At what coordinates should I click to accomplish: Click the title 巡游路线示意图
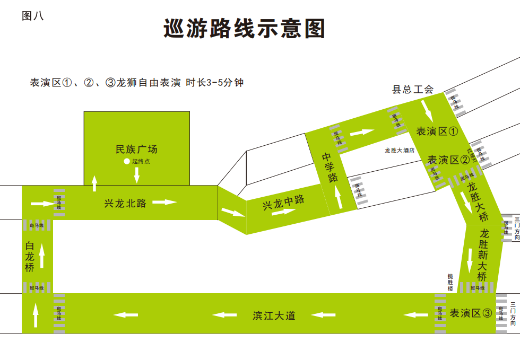click(x=244, y=29)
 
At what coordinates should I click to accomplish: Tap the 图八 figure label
click(x=32, y=16)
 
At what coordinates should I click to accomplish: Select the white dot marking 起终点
click(x=126, y=161)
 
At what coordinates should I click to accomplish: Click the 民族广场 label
click(x=136, y=149)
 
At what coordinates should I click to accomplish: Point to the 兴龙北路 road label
click(x=125, y=203)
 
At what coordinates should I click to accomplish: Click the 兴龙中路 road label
click(x=284, y=202)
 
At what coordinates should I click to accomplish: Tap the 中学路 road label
click(x=330, y=167)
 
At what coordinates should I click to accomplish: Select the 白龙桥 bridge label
click(x=30, y=257)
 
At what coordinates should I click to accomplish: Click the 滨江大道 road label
click(x=274, y=315)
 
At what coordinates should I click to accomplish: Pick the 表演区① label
click(x=437, y=131)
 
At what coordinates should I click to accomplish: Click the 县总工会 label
click(x=413, y=90)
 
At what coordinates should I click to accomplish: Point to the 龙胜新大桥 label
click(x=482, y=254)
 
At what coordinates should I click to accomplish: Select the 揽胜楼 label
click(x=450, y=282)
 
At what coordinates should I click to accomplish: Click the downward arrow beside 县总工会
click(x=427, y=109)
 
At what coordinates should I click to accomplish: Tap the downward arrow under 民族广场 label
click(x=136, y=174)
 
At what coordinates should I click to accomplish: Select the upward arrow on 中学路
click(x=338, y=198)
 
